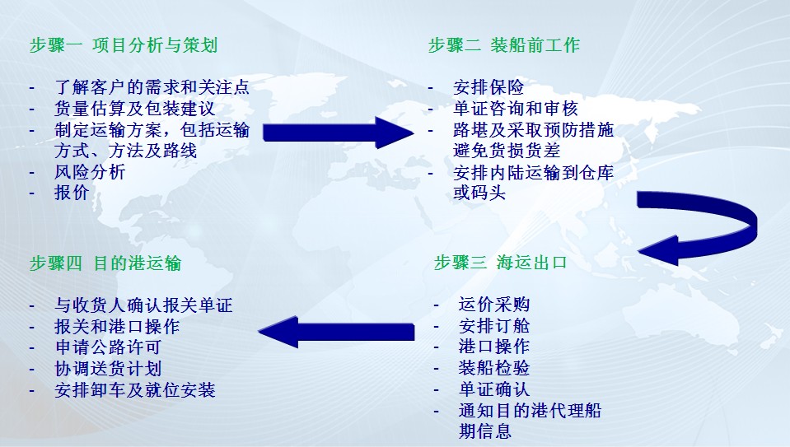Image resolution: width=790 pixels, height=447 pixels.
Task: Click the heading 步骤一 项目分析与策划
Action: (124, 45)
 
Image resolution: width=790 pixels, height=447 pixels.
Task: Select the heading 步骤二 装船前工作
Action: (504, 45)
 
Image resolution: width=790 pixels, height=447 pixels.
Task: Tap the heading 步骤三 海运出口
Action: (501, 263)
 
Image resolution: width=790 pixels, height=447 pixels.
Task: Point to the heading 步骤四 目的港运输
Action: (105, 263)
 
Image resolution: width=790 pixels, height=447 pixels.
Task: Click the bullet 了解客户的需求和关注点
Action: (152, 87)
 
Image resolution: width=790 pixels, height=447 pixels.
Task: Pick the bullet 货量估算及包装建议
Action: (139, 109)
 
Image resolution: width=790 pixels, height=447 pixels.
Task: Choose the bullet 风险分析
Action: (90, 172)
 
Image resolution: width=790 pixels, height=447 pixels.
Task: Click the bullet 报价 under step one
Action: (72, 193)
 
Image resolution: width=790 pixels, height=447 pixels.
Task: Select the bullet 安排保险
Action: (488, 87)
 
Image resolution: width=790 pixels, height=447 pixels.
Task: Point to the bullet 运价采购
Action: (493, 305)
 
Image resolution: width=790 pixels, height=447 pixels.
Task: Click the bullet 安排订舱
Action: (493, 326)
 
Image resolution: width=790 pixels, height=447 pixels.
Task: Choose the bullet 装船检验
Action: (493, 368)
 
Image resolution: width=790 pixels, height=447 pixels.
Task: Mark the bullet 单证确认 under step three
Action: (493, 389)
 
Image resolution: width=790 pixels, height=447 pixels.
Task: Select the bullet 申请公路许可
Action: (108, 347)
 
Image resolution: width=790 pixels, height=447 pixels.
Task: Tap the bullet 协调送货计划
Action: (108, 369)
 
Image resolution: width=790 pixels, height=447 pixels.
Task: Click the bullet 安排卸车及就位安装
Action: (135, 390)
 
